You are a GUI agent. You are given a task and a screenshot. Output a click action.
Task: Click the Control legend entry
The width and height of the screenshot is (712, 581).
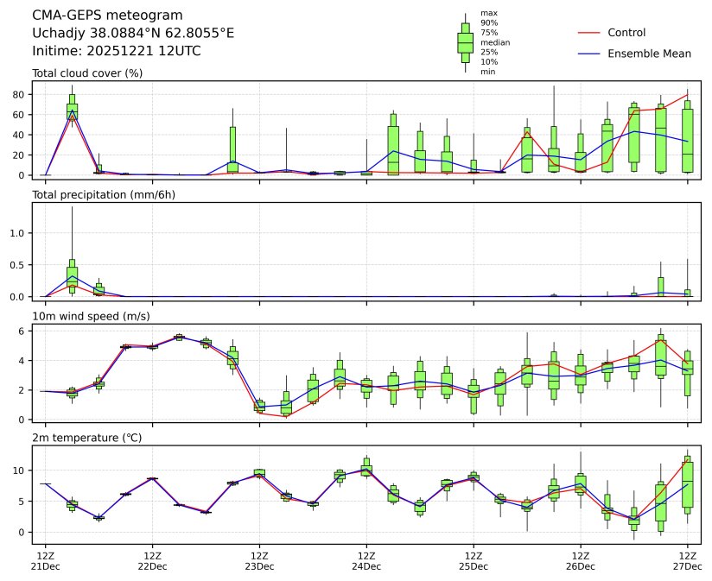(x=626, y=33)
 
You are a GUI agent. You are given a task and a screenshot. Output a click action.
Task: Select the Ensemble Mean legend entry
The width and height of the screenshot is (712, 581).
(x=649, y=54)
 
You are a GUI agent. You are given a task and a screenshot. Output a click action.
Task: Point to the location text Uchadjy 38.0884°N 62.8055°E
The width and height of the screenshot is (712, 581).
(x=133, y=33)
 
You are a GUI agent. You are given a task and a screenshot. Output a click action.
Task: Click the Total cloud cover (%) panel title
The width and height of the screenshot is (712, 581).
(x=87, y=73)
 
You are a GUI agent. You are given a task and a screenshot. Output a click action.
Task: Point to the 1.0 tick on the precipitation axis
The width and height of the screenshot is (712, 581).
(x=20, y=233)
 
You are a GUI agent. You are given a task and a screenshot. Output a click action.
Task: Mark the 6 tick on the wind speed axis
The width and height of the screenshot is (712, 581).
(x=23, y=331)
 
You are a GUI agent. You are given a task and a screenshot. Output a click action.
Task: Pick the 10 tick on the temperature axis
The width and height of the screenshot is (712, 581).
(x=21, y=470)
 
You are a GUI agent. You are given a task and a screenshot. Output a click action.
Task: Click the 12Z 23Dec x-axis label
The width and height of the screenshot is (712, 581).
(x=259, y=561)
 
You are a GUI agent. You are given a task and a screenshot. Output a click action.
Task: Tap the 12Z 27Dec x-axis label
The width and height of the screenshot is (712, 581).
(x=688, y=561)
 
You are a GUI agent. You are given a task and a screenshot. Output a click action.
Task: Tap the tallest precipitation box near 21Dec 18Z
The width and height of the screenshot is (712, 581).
(x=72, y=275)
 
